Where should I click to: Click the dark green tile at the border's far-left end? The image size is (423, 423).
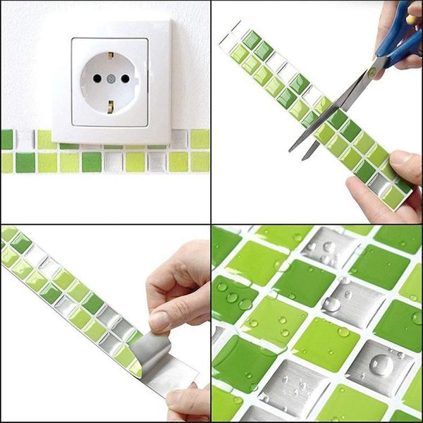6,140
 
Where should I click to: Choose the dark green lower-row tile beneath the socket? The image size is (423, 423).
92,161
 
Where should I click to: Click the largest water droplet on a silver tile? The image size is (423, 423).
381,364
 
